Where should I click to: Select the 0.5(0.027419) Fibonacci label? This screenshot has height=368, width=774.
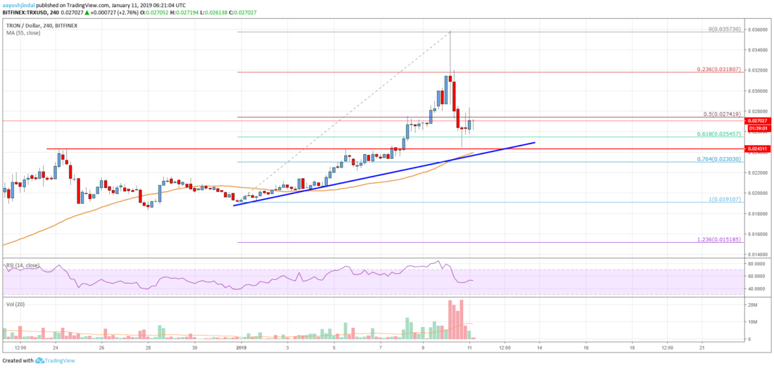click(725, 114)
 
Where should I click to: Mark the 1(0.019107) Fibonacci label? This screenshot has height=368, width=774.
click(726, 200)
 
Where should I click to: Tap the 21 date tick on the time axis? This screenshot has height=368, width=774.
click(702, 348)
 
